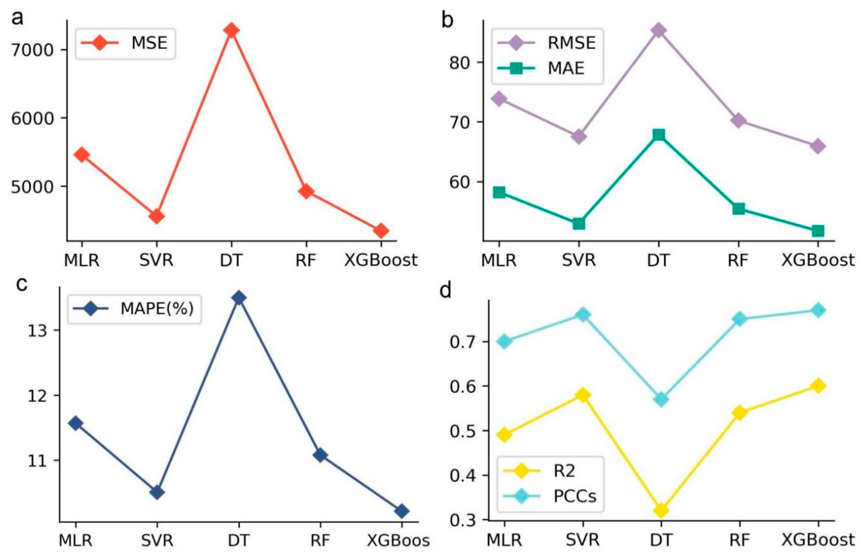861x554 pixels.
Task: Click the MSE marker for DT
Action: (231, 30)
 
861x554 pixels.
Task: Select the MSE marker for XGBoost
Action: (381, 230)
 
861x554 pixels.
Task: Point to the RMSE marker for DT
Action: (658, 31)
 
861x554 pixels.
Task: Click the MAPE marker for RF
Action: (320, 456)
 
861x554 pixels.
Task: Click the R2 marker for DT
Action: (661, 510)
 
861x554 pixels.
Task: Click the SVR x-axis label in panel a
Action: (156, 260)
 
